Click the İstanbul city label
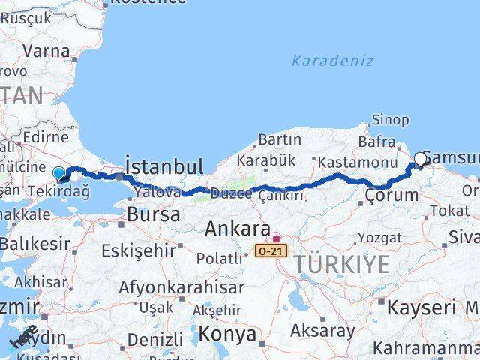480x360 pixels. [164, 166]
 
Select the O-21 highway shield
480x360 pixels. [271, 250]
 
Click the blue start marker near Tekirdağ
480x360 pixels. [59, 172]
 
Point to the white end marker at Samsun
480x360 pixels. [420, 158]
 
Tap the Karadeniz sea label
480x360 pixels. [332, 61]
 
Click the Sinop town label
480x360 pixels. [390, 120]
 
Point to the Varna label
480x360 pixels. [46, 52]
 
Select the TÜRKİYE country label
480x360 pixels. [341, 264]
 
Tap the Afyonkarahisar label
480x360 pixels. [181, 287]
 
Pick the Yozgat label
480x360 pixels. [380, 238]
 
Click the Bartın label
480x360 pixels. [280, 139]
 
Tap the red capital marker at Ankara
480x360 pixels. [276, 238]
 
